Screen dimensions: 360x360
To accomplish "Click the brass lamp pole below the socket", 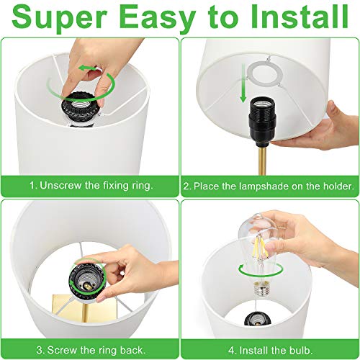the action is tap(262, 160).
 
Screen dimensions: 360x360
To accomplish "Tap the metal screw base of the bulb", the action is tap(261, 290).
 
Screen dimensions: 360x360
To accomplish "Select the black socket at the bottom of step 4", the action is tap(258, 319).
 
